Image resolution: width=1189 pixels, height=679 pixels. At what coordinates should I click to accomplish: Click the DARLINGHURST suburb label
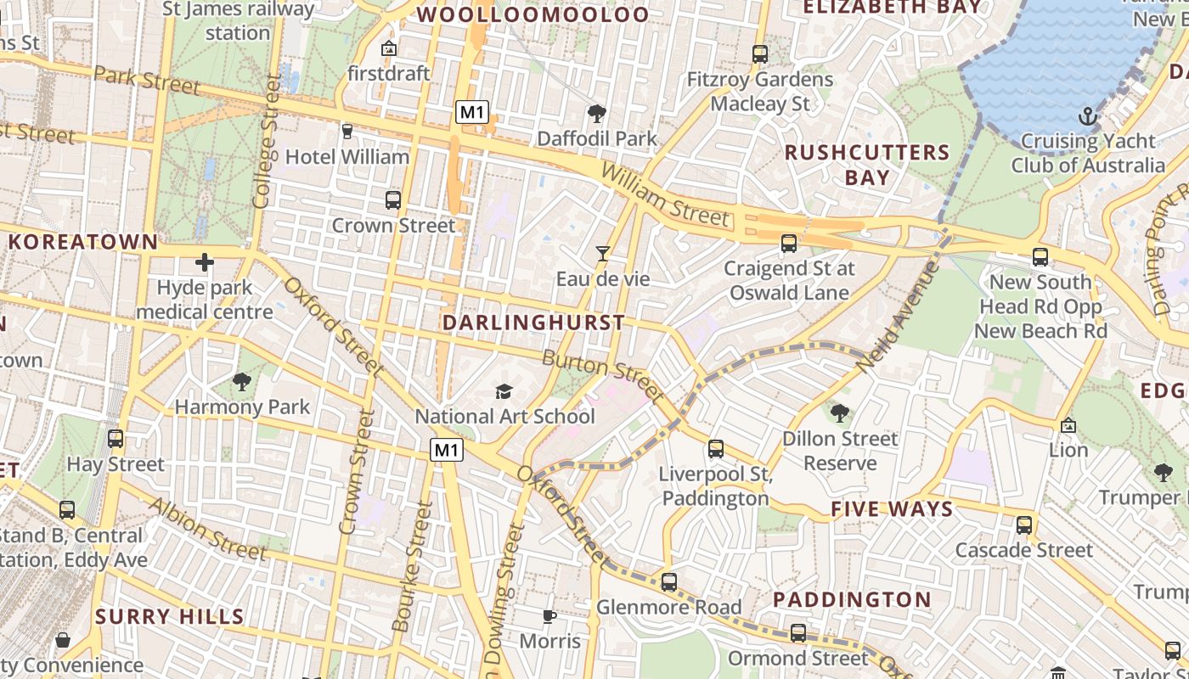point(533,323)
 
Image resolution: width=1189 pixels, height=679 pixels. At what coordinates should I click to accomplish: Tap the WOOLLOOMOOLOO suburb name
point(533,14)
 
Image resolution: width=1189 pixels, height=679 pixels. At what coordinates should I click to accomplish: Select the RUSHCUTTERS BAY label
point(866,165)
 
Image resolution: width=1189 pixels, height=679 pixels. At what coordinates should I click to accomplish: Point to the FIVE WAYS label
point(892,509)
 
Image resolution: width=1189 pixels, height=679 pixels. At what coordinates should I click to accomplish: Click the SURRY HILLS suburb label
point(170,616)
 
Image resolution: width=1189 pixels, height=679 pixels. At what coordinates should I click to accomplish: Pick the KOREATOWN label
point(83,242)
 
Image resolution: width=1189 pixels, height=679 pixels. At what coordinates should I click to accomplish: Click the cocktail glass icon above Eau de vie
point(602,253)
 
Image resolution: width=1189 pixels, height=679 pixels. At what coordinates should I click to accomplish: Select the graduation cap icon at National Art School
point(504,391)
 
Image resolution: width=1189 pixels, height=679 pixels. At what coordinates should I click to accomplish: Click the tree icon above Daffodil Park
point(596,113)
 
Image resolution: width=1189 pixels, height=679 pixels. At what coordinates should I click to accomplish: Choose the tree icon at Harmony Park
point(242,382)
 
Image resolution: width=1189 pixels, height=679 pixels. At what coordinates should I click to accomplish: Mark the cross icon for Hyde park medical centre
point(205,262)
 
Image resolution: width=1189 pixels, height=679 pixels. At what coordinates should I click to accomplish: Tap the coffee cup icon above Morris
point(549,615)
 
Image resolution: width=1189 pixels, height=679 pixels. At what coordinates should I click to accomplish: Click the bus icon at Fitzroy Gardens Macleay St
point(760,54)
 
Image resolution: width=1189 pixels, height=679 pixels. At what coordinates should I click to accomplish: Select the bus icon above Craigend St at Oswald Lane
point(789,244)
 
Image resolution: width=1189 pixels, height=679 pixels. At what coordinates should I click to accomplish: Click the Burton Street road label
point(602,374)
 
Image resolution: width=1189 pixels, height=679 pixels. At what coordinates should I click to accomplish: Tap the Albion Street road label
point(207,529)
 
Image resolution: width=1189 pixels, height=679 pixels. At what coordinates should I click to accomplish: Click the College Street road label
point(266,141)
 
